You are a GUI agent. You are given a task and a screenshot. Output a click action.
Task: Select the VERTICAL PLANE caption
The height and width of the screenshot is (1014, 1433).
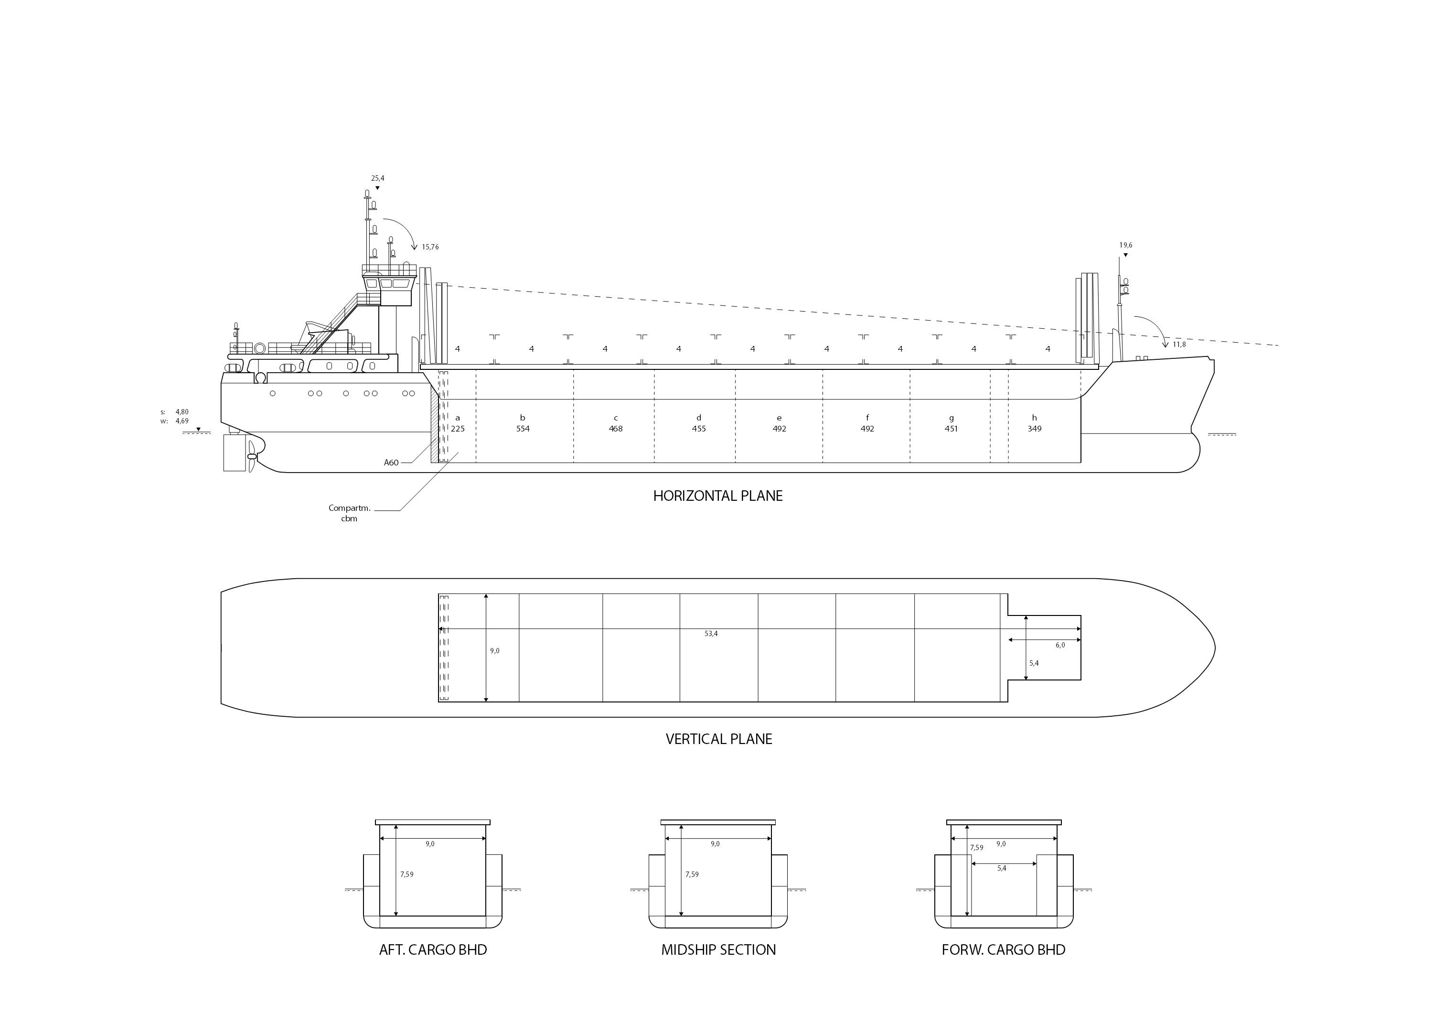click(718, 739)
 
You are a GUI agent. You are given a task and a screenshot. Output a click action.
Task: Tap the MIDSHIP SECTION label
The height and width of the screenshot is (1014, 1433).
click(718, 949)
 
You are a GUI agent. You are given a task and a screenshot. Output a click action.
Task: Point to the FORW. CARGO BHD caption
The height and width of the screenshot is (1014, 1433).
click(1003, 949)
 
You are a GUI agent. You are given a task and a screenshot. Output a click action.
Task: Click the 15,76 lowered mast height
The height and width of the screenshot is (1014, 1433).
click(430, 247)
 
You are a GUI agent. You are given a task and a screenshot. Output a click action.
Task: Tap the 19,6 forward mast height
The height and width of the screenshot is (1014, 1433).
click(1125, 246)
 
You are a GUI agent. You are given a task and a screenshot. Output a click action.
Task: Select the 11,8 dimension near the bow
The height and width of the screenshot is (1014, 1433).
click(1179, 345)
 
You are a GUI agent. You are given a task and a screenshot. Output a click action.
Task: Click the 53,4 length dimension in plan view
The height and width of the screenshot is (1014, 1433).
click(711, 634)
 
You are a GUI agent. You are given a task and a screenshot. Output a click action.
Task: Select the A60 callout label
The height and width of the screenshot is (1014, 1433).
click(391, 463)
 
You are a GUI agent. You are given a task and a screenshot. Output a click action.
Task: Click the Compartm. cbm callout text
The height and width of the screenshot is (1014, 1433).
click(350, 513)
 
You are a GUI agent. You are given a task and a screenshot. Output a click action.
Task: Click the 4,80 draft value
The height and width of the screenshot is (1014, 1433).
click(182, 412)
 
